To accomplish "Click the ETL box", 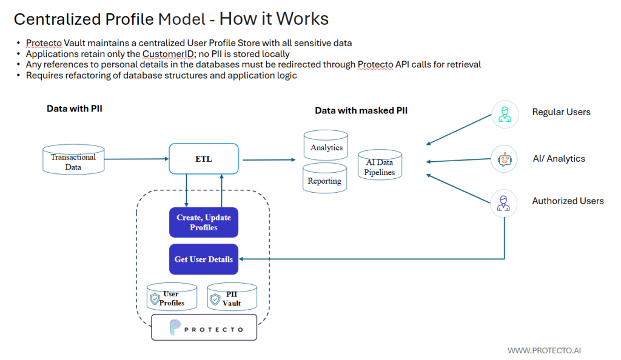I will click(x=203, y=159).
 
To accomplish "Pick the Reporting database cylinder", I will click(x=324, y=179).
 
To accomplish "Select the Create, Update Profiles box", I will click(x=203, y=222).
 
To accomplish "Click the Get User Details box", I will click(x=203, y=259).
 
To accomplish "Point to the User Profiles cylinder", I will click(x=172, y=298).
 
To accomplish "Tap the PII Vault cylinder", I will click(x=232, y=298).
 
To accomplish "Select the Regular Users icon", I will click(x=505, y=113).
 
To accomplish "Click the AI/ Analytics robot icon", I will click(x=505, y=159).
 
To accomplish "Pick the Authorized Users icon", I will click(x=505, y=202).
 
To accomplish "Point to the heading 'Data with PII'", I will click(x=74, y=108).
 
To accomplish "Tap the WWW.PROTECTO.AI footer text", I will click(x=545, y=350).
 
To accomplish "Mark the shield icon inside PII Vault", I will click(x=213, y=299).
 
